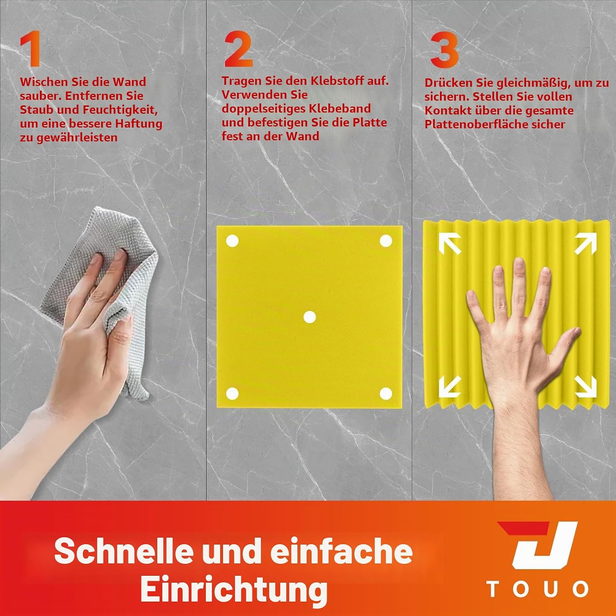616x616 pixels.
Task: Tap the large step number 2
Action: click(x=239, y=50)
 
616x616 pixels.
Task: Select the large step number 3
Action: click(x=444, y=50)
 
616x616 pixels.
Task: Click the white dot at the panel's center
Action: click(x=309, y=317)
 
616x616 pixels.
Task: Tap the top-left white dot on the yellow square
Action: click(x=232, y=241)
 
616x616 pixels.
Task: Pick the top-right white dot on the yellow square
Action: click(x=386, y=241)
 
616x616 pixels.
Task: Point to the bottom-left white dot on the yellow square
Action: click(x=232, y=394)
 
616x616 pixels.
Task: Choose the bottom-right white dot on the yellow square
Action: click(x=386, y=394)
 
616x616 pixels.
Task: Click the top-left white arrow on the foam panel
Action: click(x=450, y=244)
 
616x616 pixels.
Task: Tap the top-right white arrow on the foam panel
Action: click(x=585, y=244)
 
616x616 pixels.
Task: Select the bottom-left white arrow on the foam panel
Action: click(x=450, y=387)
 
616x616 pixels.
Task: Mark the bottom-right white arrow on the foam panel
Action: click(x=585, y=387)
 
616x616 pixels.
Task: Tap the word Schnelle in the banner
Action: click(x=124, y=551)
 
